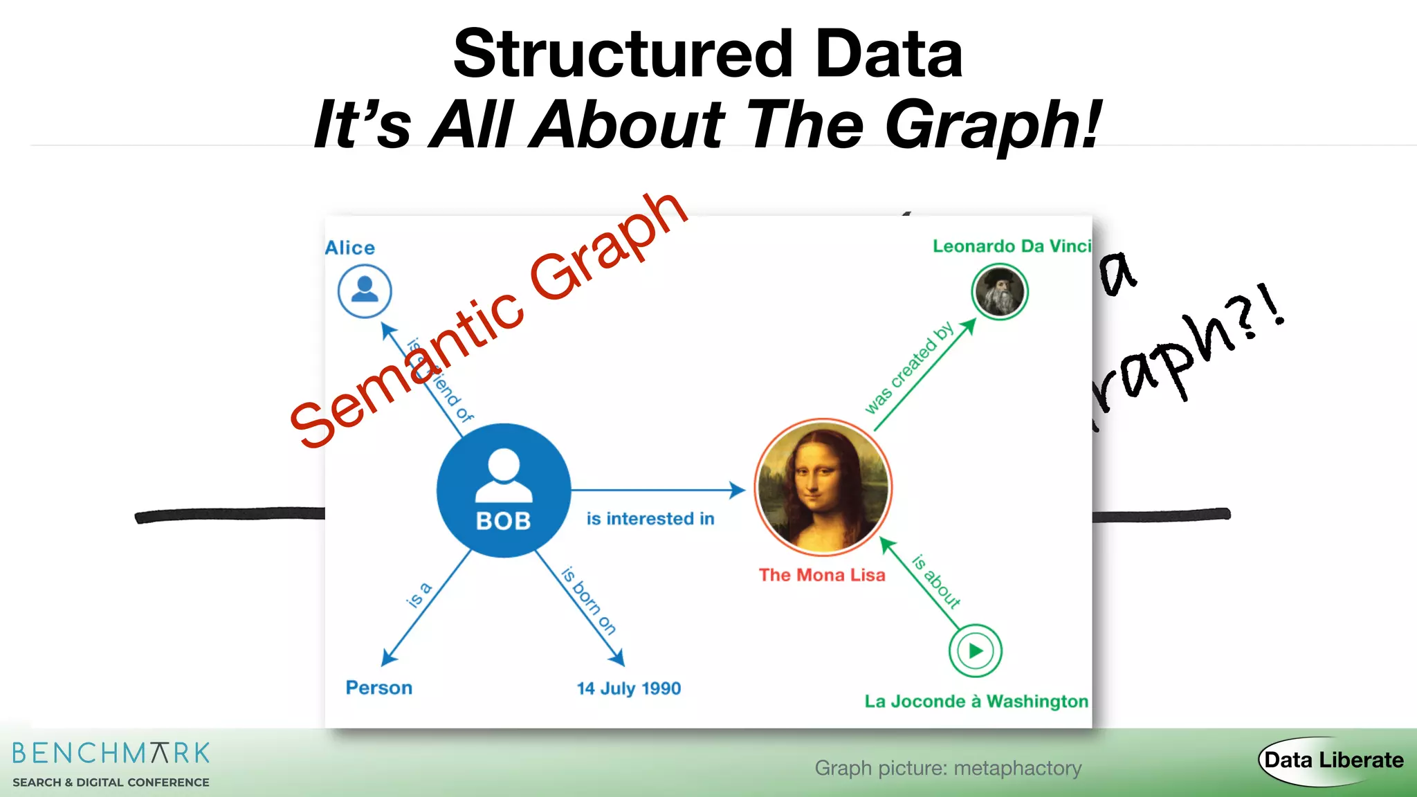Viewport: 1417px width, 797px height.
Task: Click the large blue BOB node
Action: tap(504, 490)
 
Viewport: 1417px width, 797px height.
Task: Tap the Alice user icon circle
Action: tap(365, 291)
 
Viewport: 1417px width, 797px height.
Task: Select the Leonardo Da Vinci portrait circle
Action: tap(1000, 292)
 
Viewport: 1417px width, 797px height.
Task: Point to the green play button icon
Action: tap(975, 650)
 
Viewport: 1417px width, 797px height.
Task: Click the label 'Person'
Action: tap(379, 688)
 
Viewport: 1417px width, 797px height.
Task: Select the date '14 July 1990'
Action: tap(629, 688)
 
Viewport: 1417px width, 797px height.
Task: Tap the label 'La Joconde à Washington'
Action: tap(976, 702)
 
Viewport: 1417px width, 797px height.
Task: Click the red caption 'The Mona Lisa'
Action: tap(822, 575)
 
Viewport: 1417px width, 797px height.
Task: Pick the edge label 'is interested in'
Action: tap(650, 519)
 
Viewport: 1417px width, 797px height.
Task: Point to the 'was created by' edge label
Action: tap(909, 368)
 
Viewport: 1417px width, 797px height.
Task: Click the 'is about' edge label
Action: tap(936, 581)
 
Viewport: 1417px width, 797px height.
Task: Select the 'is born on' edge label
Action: tap(588, 601)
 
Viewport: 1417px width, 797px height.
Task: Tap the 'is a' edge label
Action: tap(419, 595)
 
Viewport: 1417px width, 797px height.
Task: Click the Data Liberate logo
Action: tap(1333, 760)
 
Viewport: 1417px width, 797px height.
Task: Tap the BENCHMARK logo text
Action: tap(111, 753)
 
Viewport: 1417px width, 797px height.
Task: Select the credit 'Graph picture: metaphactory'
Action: tap(948, 768)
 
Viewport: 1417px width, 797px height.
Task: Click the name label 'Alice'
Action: tap(350, 248)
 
